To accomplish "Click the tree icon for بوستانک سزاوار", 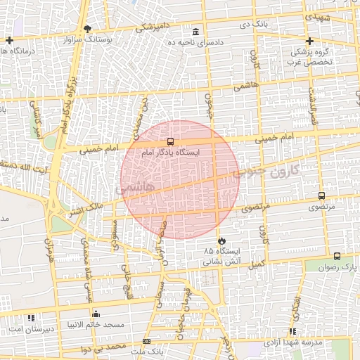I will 87,29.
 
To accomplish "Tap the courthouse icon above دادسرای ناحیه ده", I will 195,32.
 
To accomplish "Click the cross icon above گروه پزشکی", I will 310,40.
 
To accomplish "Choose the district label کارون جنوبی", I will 268,170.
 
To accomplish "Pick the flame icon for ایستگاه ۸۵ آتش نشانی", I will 221,240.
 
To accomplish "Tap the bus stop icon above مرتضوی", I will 321,197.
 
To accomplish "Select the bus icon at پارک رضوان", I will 337,257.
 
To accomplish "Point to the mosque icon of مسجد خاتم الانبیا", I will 96,314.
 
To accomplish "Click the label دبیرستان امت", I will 25,329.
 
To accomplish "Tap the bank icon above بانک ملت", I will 146,340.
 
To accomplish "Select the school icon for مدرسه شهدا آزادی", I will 292,330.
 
